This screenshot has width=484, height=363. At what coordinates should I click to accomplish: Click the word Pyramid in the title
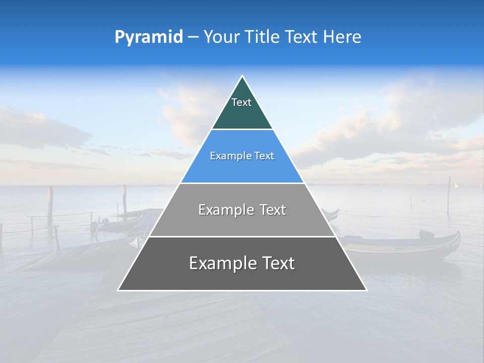[x=149, y=37]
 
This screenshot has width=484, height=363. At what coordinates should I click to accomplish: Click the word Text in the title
[x=301, y=37]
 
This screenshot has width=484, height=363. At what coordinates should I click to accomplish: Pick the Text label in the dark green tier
[x=241, y=102]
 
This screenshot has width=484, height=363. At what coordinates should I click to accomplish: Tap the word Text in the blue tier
[x=264, y=156]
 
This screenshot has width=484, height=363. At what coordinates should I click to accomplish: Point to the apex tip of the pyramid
[x=243, y=76]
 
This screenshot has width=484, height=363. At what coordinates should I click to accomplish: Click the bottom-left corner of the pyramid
[x=118, y=290]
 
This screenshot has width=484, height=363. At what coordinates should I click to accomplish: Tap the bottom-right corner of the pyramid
[x=367, y=290]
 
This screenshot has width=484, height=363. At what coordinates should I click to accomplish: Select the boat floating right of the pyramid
[x=403, y=244]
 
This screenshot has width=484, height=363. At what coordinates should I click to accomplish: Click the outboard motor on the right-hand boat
[x=427, y=234]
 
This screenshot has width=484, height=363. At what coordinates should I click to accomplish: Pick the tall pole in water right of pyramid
[x=449, y=194]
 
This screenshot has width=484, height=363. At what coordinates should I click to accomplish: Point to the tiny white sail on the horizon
[x=456, y=186]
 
